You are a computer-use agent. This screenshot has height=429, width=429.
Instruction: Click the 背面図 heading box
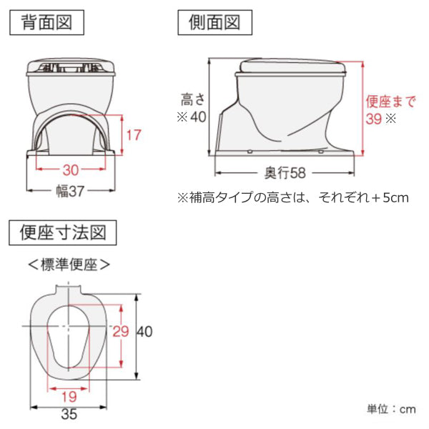click(46, 22)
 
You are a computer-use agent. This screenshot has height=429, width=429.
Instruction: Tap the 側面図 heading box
click(214, 22)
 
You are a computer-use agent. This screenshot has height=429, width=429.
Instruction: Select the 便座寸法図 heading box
click(63, 232)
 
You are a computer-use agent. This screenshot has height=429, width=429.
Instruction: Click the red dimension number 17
click(134, 135)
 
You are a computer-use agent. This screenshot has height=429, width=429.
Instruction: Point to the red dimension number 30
click(71, 170)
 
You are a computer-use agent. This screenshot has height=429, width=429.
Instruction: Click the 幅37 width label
click(70, 191)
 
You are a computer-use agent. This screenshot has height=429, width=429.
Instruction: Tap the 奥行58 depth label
click(285, 173)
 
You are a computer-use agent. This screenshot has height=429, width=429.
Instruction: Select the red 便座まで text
click(390, 102)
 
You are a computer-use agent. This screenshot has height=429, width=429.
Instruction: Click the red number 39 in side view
click(374, 119)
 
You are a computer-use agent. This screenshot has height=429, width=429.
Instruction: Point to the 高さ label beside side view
click(193, 99)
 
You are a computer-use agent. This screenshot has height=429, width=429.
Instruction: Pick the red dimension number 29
click(121, 332)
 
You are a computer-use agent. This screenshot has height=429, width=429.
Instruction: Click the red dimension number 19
click(69, 397)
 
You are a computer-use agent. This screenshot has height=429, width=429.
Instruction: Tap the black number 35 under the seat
click(69, 414)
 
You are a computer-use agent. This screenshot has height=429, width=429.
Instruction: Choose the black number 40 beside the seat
click(144, 332)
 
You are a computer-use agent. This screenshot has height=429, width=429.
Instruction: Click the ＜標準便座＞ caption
click(69, 265)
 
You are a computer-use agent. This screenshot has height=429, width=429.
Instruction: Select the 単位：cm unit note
click(391, 409)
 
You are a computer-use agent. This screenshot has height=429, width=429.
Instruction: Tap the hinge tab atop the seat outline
click(68, 290)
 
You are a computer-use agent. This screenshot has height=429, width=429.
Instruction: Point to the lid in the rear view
click(71, 66)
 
